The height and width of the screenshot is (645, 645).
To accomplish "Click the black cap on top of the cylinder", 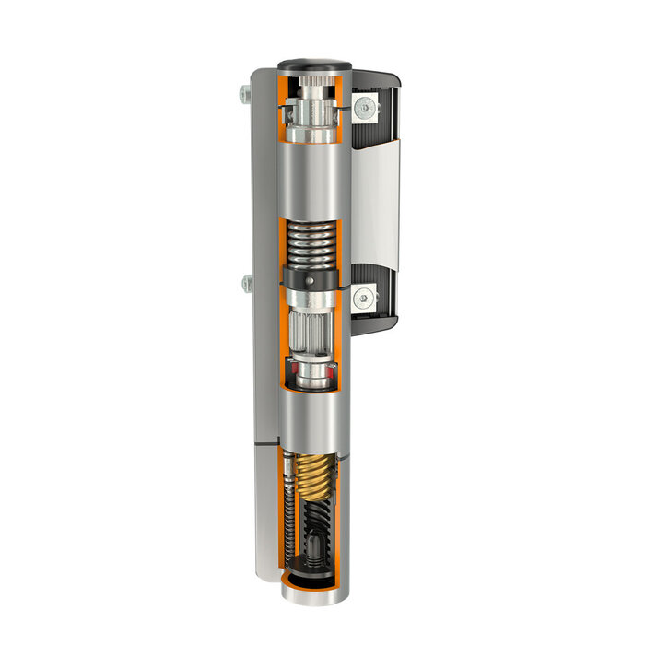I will click(x=314, y=65).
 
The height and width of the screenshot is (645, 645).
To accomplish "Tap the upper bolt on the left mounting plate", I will click(x=244, y=94).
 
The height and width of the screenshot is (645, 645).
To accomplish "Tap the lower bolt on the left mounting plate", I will click(x=246, y=284).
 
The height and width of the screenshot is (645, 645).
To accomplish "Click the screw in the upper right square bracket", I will click(x=365, y=108).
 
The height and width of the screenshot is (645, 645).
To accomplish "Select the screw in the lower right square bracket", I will click(x=365, y=297).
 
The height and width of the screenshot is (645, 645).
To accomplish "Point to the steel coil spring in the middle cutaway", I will click(x=310, y=245).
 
